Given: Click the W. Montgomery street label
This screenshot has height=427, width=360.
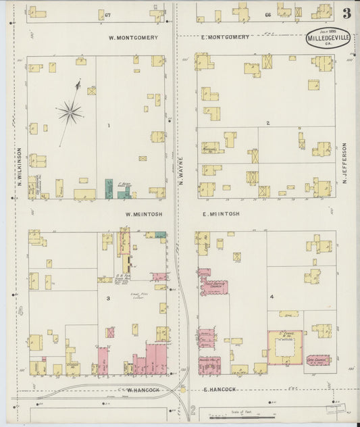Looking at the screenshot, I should tap(133, 38).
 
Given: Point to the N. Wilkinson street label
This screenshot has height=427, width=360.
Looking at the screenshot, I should tap(20, 167).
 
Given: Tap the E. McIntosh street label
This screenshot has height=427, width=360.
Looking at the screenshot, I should tap(221, 214).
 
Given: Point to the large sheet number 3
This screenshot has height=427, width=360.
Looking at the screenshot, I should tap(346, 13).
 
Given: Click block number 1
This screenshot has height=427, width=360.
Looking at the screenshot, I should tap(107, 126).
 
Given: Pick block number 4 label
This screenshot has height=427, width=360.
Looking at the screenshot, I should tap(272, 297).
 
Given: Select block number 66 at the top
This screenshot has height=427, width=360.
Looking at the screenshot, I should tap(267, 14).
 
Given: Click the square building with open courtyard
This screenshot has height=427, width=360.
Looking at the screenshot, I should tap(285, 347).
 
